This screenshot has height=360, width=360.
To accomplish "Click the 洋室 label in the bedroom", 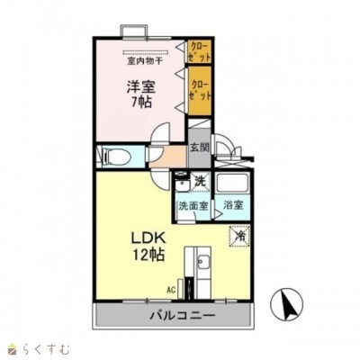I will click(139, 88).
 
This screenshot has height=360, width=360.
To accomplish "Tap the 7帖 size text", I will click(139, 103).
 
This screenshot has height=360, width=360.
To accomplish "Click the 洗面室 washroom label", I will click(192, 205).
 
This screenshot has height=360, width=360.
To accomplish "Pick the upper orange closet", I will click(200, 50).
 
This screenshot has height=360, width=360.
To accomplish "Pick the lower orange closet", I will click(200, 90).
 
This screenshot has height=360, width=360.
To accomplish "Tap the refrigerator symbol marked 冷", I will click(240, 236).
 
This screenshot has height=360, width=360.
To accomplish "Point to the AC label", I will click(170, 289).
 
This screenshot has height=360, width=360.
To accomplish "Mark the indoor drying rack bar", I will click(144, 53).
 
